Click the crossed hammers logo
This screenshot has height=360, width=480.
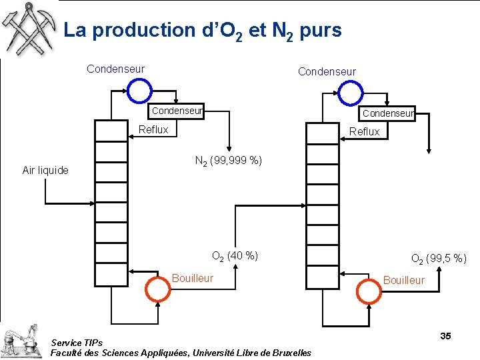pos(29,28)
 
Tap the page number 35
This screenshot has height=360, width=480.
pos(445,336)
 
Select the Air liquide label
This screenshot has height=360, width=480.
pos(45,170)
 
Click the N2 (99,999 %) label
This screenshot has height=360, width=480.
pos(228,161)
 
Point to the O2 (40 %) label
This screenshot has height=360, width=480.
pos(235,255)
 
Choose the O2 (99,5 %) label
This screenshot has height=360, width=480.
pos(439,258)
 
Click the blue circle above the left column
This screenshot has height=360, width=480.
pos(140,91)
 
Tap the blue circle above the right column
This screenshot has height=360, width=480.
pos(351,93)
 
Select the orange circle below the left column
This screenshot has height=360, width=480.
pos(158,288)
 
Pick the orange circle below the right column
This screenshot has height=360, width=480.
pos(370,289)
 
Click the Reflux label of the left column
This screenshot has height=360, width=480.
pos(153,129)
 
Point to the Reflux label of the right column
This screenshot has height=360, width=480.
pos(364,131)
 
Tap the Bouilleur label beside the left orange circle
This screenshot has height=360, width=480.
pos(193,278)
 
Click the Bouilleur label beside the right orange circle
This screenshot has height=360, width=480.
pos(403,280)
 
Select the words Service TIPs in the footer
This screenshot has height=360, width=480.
pos(77,343)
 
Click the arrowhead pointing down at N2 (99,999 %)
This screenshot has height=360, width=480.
pos(229,149)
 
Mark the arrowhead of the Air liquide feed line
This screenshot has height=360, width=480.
pos(92,201)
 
